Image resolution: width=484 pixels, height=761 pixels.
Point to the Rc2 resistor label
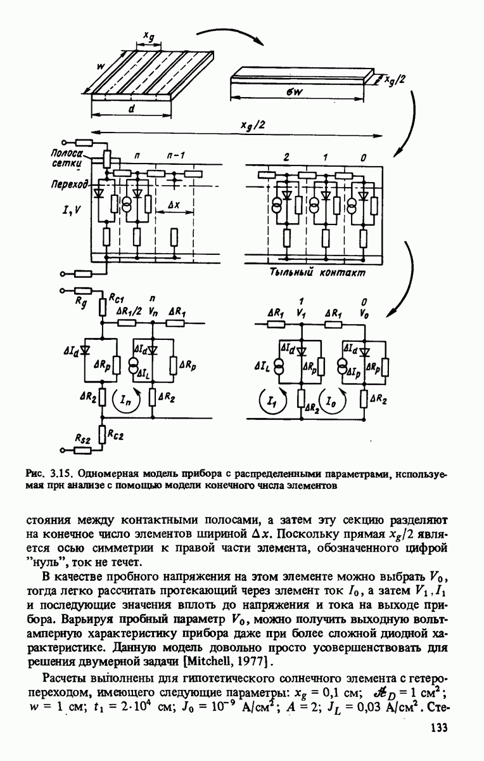[118, 435]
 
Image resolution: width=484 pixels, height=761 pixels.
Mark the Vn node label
[152, 311]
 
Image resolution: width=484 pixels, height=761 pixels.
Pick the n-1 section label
[174, 155]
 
